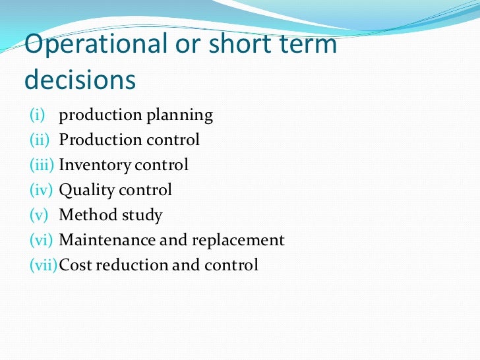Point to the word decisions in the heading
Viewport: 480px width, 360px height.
tap(80, 79)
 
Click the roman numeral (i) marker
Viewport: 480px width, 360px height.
tap(37, 115)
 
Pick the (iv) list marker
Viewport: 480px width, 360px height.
tap(41, 191)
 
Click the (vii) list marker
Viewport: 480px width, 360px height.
tap(42, 266)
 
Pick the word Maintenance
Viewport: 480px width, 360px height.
tap(107, 241)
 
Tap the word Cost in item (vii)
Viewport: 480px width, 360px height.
tap(73, 266)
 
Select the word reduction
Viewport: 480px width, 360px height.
tap(129, 266)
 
